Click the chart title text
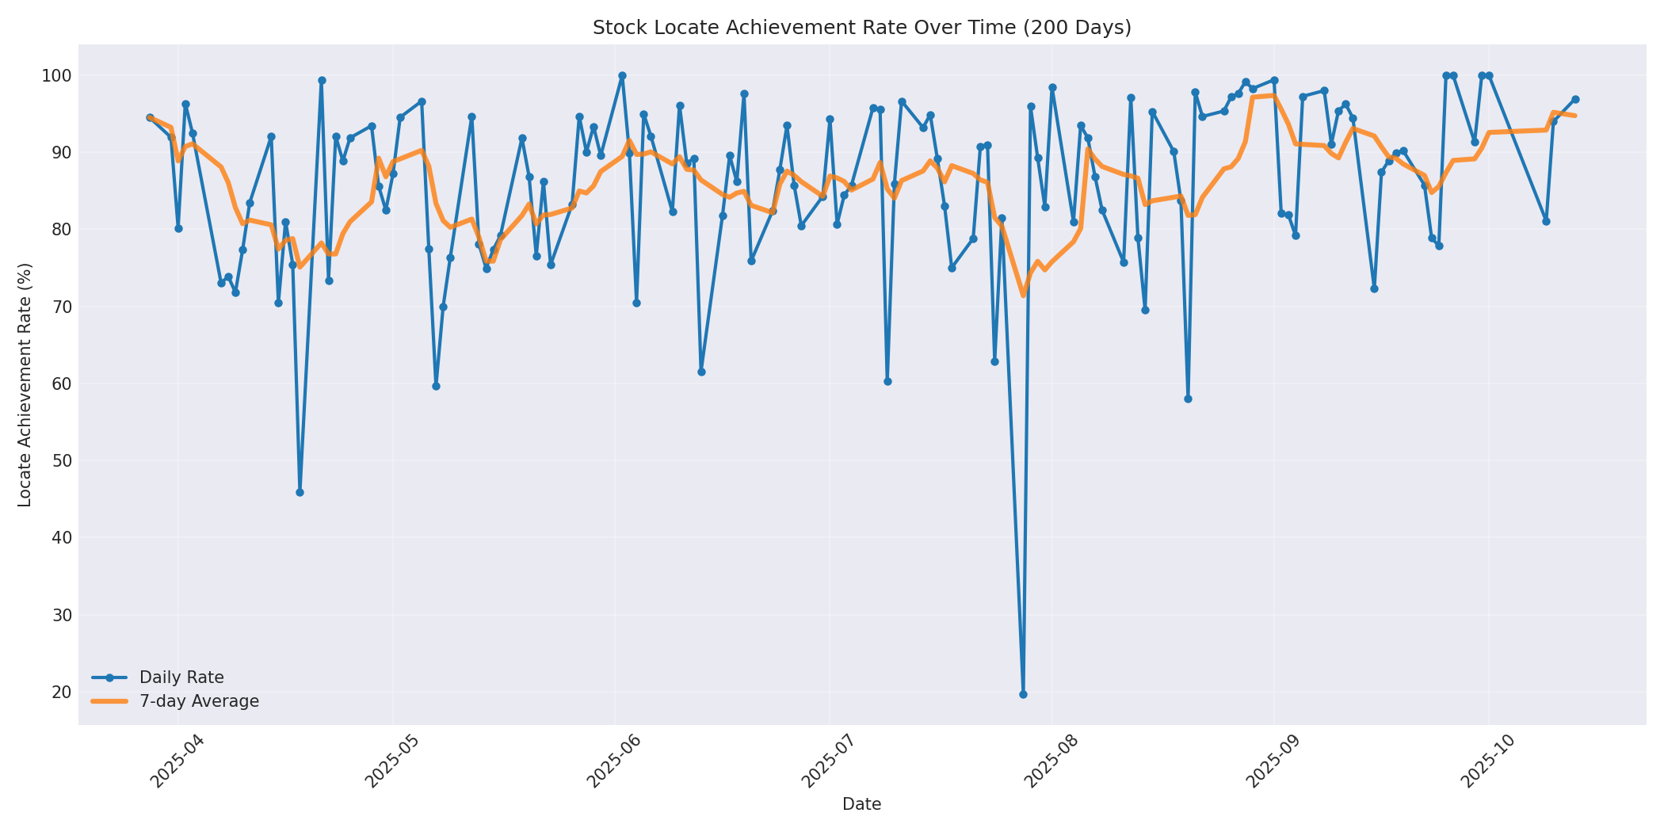(x=861, y=28)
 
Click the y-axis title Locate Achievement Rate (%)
(x=25, y=384)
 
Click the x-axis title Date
(x=861, y=804)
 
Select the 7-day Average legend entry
(x=199, y=701)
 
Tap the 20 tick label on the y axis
(x=61, y=692)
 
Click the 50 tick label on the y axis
(x=61, y=461)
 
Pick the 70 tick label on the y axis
(x=61, y=307)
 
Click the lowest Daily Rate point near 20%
(x=1023, y=694)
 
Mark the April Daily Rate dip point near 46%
(x=300, y=492)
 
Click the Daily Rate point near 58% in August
(x=1188, y=399)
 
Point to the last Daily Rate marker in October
(x=1575, y=99)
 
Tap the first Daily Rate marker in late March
(x=150, y=117)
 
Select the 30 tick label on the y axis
(x=61, y=615)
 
